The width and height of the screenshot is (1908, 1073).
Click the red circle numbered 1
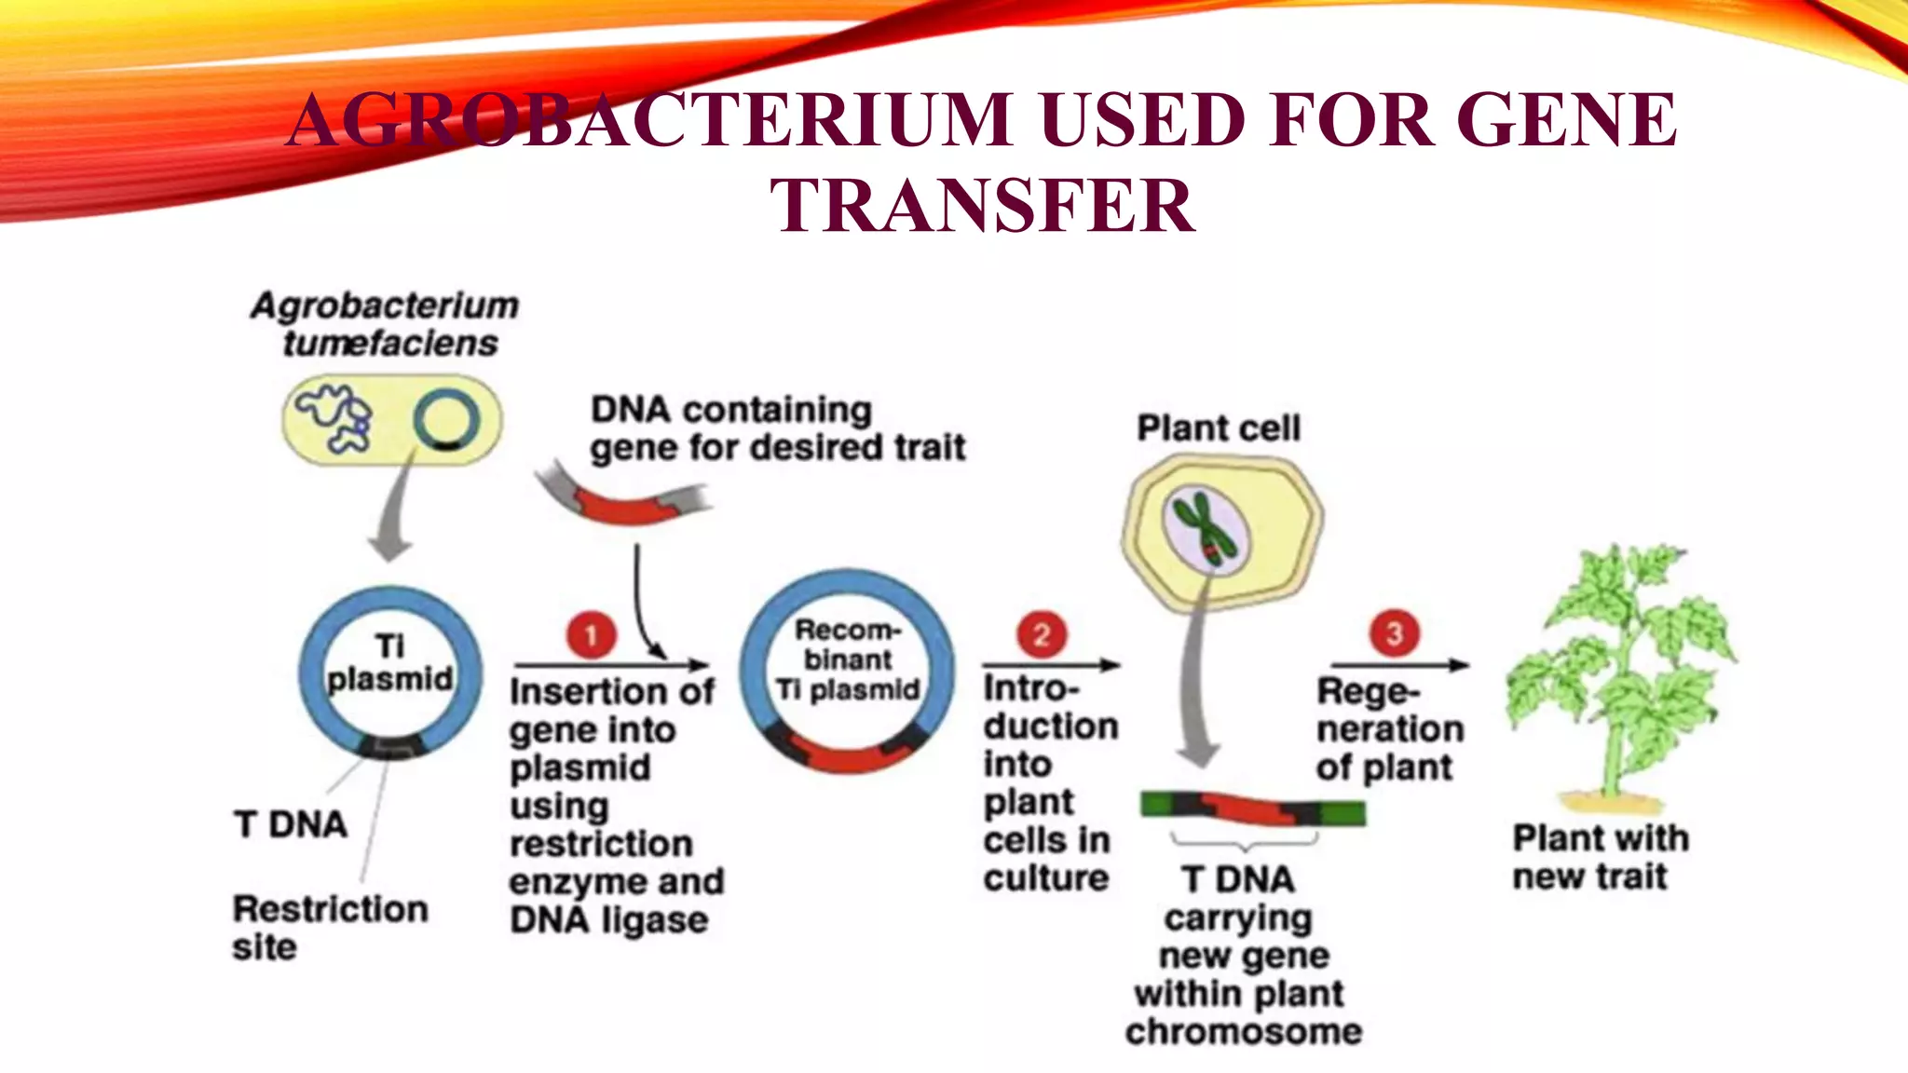coord(591,635)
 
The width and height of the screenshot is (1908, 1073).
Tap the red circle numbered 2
coord(1041,635)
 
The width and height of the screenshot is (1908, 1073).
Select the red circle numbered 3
coord(1394,634)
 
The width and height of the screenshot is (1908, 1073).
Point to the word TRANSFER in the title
coord(982,206)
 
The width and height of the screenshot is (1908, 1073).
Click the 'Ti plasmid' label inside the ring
coord(389,662)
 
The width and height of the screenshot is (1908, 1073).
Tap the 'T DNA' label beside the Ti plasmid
coord(291,824)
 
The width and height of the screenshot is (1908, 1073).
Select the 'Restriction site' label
coord(329,927)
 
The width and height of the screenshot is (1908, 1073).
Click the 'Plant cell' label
coord(1218,428)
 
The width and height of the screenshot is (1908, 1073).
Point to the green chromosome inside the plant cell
coord(1203,529)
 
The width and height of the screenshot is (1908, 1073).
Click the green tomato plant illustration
coord(1621,671)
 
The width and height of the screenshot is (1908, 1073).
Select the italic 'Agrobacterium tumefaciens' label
coord(386,324)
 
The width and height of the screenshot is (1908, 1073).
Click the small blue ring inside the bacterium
coord(446,420)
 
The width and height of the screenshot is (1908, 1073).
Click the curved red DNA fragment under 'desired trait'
coord(624,507)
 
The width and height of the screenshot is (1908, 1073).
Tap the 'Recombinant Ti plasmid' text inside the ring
coord(847,659)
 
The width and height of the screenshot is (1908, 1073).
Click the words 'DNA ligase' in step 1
coord(608,920)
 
